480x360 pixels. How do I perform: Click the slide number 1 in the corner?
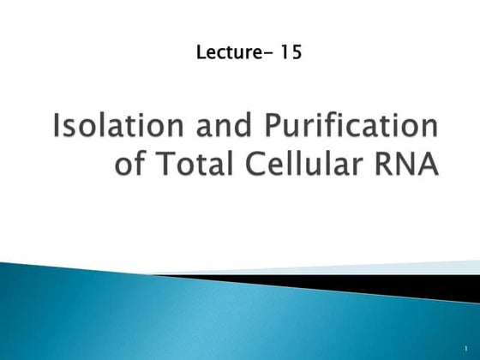(464, 350)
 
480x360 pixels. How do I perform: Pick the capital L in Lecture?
(201, 53)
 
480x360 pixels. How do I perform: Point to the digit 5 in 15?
(294, 53)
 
